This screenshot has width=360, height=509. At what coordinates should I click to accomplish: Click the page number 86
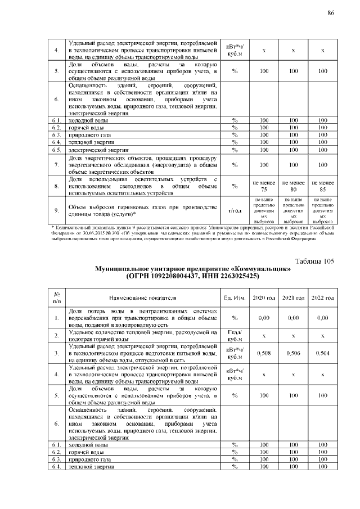(x=331, y=13)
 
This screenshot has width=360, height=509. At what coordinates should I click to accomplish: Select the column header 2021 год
(x=293, y=297)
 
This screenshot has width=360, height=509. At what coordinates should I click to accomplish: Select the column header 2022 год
(x=322, y=297)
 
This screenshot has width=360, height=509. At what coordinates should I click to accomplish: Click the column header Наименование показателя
(x=143, y=297)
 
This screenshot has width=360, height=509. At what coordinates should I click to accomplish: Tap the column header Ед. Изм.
(x=233, y=297)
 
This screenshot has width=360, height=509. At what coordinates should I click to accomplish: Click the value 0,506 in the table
(x=293, y=353)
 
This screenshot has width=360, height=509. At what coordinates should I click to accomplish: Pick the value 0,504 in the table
(x=322, y=353)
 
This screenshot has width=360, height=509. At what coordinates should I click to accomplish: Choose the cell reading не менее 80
(x=293, y=186)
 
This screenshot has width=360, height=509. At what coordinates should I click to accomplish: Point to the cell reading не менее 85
(x=322, y=186)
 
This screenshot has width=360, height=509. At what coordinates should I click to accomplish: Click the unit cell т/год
(x=233, y=210)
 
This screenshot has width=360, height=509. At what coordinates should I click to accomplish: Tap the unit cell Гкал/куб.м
(x=233, y=336)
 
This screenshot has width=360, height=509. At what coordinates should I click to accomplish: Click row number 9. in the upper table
(x=56, y=210)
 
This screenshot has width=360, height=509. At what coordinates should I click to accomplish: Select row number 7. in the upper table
(x=56, y=165)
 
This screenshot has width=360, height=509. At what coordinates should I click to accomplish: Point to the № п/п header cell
(x=56, y=297)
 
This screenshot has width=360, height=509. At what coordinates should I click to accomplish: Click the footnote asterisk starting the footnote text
(x=52, y=227)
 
